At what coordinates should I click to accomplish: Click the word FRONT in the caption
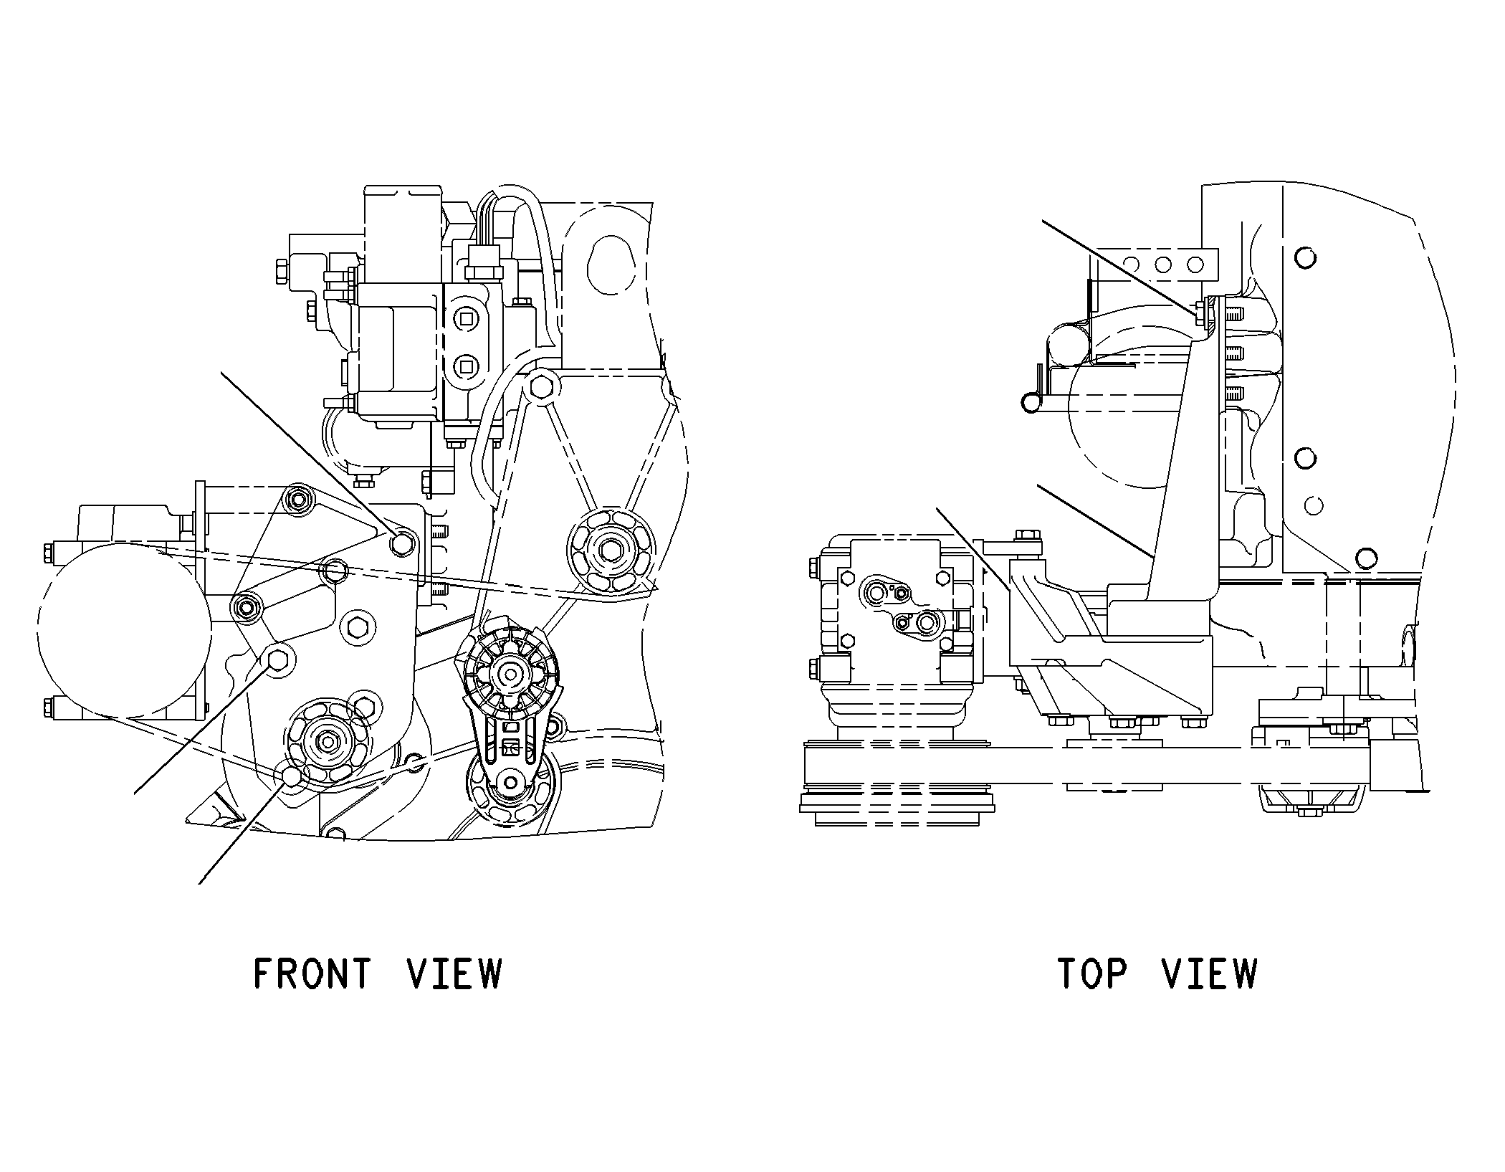coord(312,973)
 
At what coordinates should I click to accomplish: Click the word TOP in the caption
coord(1092,973)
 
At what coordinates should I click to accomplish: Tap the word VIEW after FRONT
coord(454,973)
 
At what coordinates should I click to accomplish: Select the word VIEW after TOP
coord(1210,973)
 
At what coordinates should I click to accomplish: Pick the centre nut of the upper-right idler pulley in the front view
coord(611,550)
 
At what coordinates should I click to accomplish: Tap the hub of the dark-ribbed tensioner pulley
coord(510,673)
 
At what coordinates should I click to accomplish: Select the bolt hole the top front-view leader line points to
coord(401,543)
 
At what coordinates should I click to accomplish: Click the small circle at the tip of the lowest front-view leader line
coord(291,776)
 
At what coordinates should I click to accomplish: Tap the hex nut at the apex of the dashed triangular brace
coord(542,388)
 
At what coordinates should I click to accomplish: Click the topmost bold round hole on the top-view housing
coord(1306,257)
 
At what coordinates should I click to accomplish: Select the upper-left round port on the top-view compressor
coord(875,592)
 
